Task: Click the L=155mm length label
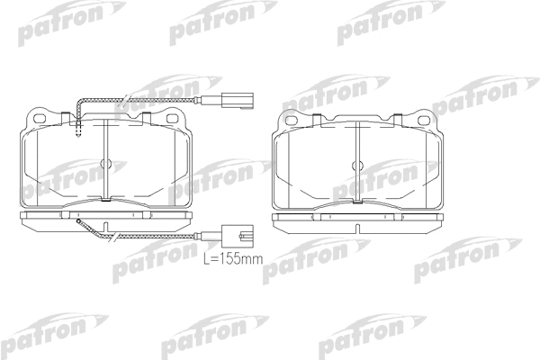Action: click(x=233, y=258)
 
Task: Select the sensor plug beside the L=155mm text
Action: click(x=238, y=236)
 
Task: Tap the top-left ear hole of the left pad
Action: click(x=40, y=118)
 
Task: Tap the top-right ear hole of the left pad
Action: click(x=172, y=118)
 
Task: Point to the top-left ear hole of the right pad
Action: click(x=292, y=121)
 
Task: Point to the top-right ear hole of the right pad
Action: click(x=423, y=121)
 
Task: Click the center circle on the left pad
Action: click(x=105, y=163)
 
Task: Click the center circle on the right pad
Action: click(x=357, y=166)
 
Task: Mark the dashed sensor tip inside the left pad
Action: click(x=78, y=130)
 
